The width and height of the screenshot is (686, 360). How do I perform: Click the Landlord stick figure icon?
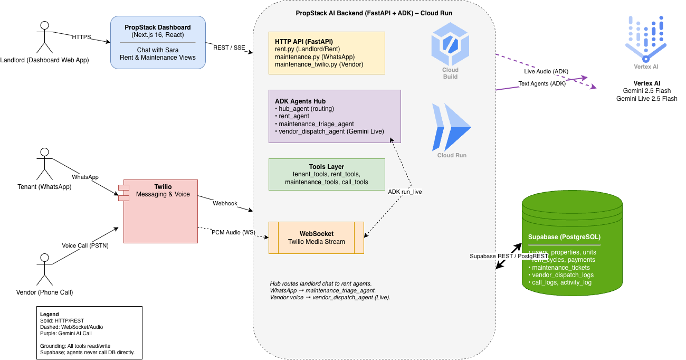[45, 37]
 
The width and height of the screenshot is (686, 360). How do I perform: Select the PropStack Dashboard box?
[158, 42]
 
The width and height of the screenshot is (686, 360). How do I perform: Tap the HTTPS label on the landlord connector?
[82, 37]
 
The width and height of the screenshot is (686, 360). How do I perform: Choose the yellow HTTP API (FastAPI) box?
[327, 53]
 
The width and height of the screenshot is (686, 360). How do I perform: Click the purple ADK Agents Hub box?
[335, 116]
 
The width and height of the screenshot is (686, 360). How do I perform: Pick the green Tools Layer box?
[327, 174]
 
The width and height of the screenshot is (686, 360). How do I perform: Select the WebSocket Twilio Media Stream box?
[316, 238]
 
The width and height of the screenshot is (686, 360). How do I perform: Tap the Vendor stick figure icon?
[45, 269]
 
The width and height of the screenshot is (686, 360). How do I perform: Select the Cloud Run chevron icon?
[451, 127]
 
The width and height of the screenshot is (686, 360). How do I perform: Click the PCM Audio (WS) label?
[233, 232]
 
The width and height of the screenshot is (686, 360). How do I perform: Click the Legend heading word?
[50, 314]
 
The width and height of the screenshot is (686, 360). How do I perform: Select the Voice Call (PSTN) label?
[85, 245]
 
